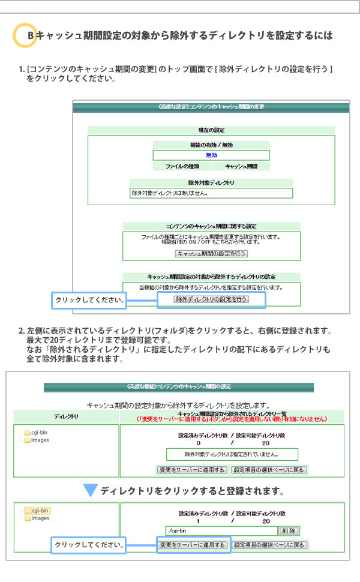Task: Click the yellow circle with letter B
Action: pyautogui.click(x=25, y=35)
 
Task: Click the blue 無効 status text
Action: pyautogui.click(x=211, y=155)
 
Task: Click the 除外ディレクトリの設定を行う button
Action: pyautogui.click(x=211, y=299)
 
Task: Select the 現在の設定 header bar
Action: pyautogui.click(x=211, y=130)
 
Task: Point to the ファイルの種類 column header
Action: pyautogui.click(x=182, y=166)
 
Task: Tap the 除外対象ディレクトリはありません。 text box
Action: pyautogui.click(x=211, y=193)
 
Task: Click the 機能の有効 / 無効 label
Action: pyautogui.click(x=211, y=145)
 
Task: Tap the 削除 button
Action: pyautogui.click(x=289, y=531)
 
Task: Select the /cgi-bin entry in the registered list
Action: pyautogui.click(x=221, y=531)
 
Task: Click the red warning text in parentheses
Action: pyautogui.click(x=232, y=419)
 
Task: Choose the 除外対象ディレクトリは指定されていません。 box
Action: pyautogui.click(x=232, y=454)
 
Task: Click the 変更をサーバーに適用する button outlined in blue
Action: pyautogui.click(x=193, y=545)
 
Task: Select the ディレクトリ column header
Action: pyautogui.click(x=67, y=416)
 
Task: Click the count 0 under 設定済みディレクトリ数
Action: pyautogui.click(x=199, y=443)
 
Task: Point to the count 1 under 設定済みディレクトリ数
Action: pyautogui.click(x=198, y=521)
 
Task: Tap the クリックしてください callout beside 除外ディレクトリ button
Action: pyautogui.click(x=89, y=300)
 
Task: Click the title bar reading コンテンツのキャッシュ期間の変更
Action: pyautogui.click(x=211, y=107)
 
